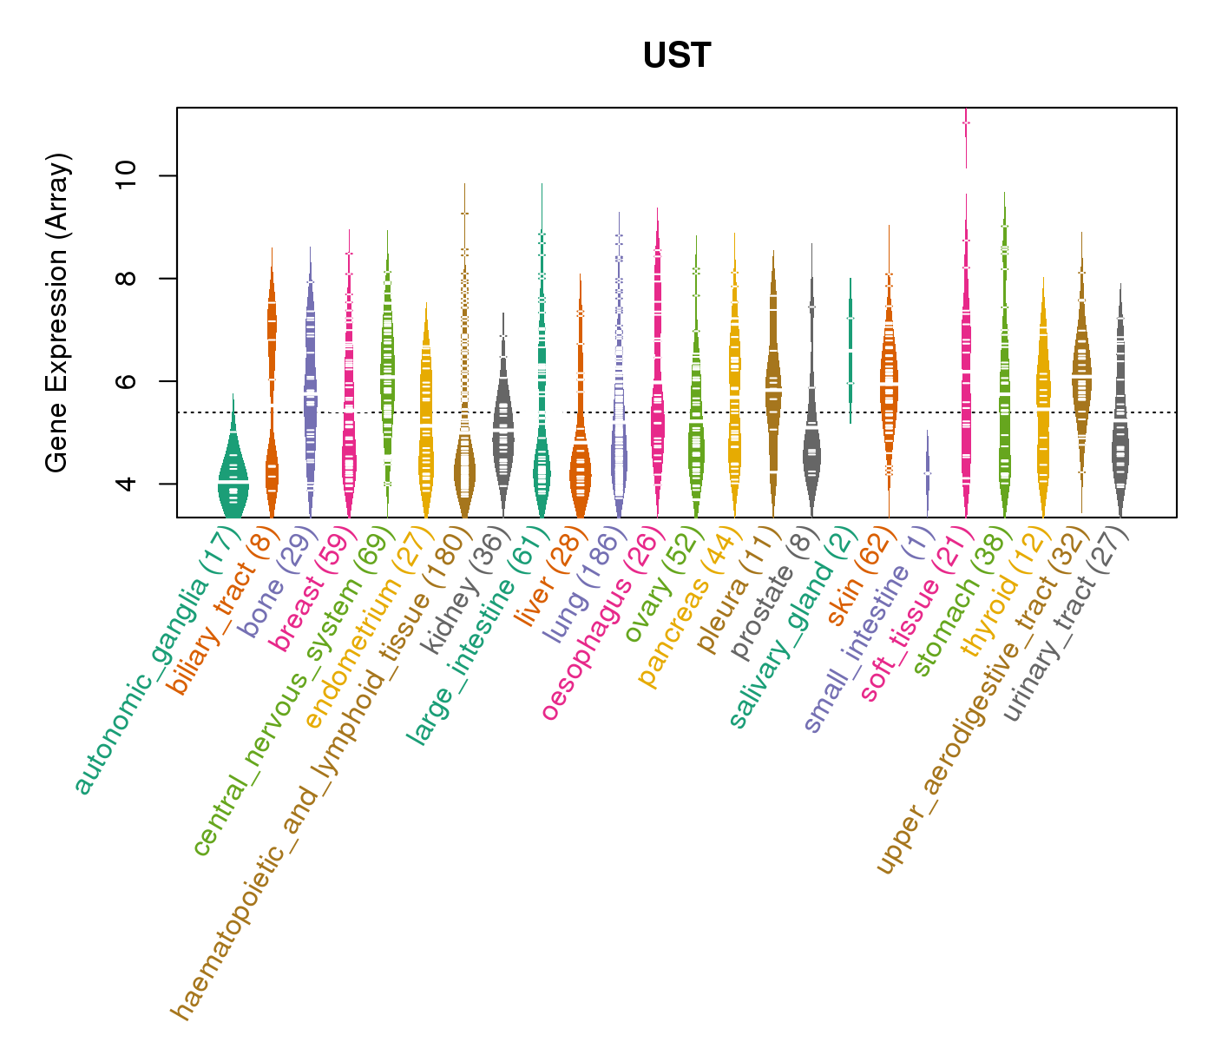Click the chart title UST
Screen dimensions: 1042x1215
677,56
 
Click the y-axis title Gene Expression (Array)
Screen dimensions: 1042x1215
57,313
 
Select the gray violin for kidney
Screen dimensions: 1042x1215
502,425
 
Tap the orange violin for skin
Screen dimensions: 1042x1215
889,391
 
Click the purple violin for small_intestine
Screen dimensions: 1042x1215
927,473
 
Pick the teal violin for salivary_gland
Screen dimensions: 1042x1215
850,347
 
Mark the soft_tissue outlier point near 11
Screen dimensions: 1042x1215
966,123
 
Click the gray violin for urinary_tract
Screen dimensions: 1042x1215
1120,434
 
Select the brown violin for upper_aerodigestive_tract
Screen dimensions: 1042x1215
1081,373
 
